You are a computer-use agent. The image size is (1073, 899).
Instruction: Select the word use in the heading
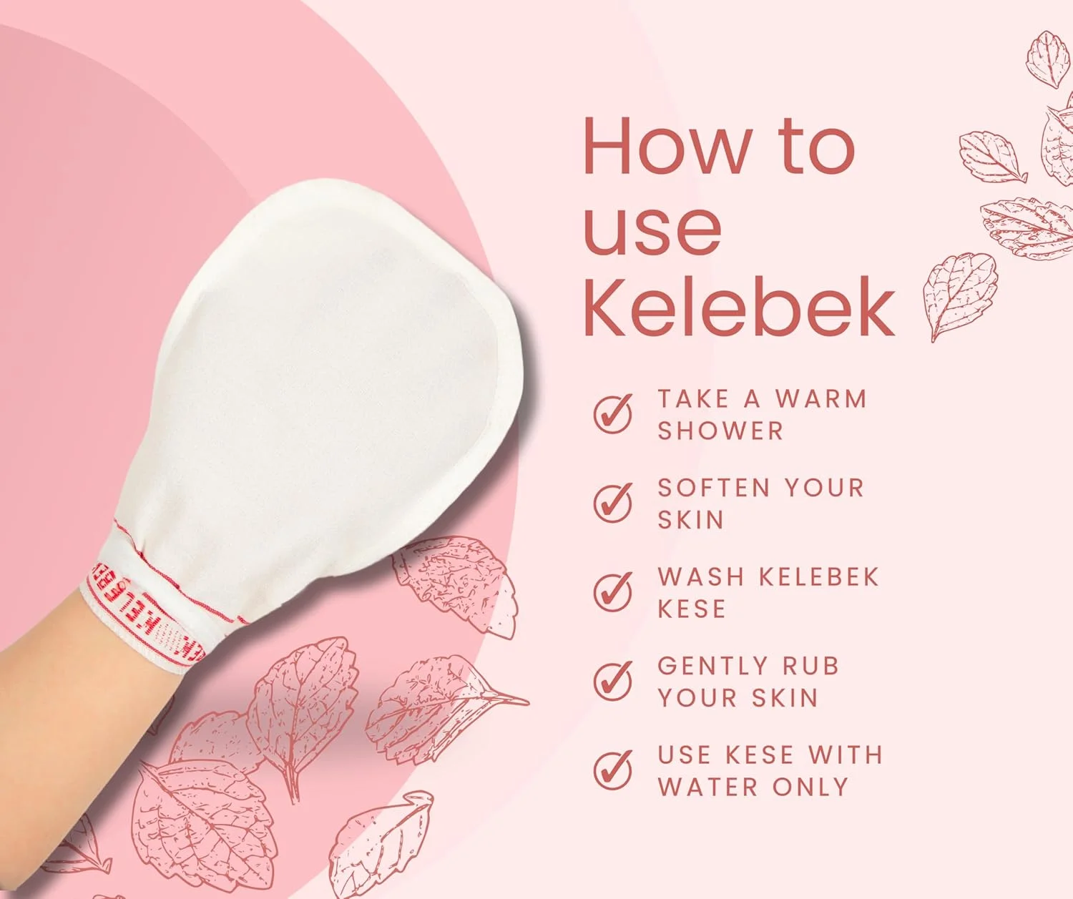[x=652, y=228]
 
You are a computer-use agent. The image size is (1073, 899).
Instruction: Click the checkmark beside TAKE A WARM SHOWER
[x=613, y=413]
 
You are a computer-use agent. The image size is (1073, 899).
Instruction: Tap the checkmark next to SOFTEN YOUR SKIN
[x=613, y=502]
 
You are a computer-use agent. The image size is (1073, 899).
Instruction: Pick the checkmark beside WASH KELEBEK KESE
[x=613, y=591]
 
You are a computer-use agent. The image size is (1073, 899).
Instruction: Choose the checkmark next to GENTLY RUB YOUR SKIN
[x=613, y=680]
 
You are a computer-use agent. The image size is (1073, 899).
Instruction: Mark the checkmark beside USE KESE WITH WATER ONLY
[x=613, y=770]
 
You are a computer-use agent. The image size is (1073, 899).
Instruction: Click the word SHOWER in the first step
[x=720, y=431]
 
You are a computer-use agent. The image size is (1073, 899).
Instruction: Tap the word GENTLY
[x=712, y=666]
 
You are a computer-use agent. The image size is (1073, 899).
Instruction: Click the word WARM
[x=821, y=398]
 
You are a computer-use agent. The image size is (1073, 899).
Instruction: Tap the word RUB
[x=810, y=666]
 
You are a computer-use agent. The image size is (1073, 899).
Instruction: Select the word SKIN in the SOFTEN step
[x=690, y=520]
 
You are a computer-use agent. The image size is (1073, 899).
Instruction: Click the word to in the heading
[x=817, y=147]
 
